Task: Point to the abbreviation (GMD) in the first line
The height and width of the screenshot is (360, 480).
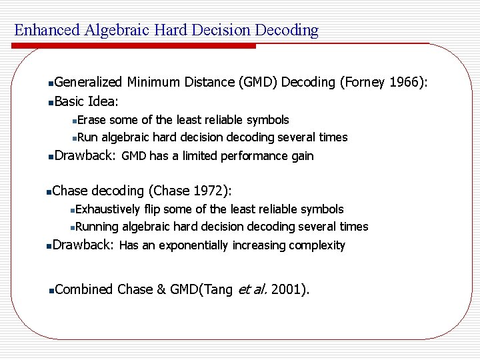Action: tap(257, 82)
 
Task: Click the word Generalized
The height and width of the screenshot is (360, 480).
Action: tap(89, 82)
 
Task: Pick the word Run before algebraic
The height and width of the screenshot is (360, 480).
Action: tap(88, 137)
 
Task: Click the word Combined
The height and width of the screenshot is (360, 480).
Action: tap(84, 289)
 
